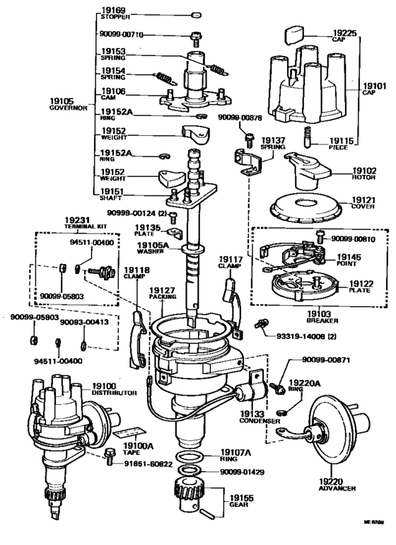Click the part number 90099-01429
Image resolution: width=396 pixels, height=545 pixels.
click(242, 470)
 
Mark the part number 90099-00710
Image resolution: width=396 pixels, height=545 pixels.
click(122, 34)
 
